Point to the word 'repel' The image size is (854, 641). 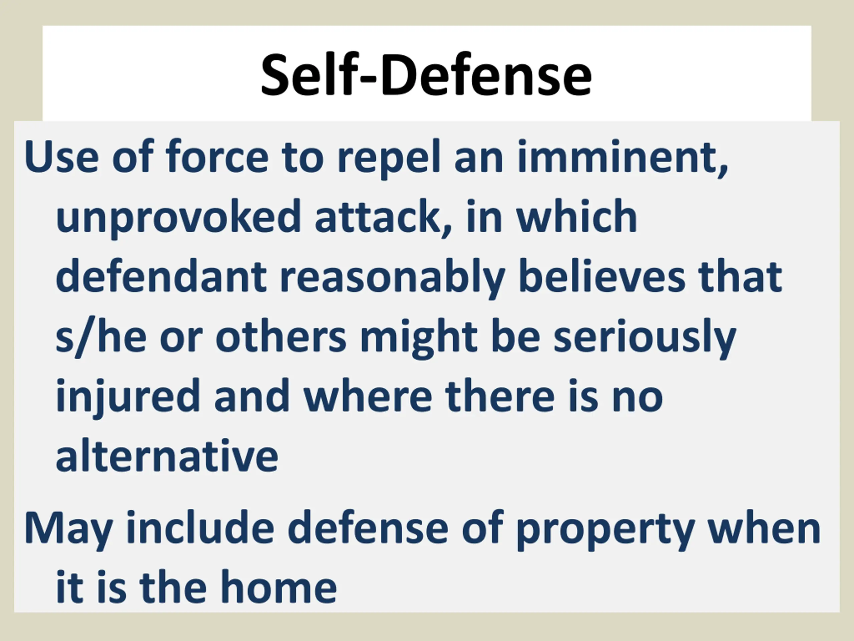(x=389, y=159)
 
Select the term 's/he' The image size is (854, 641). (x=101, y=337)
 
